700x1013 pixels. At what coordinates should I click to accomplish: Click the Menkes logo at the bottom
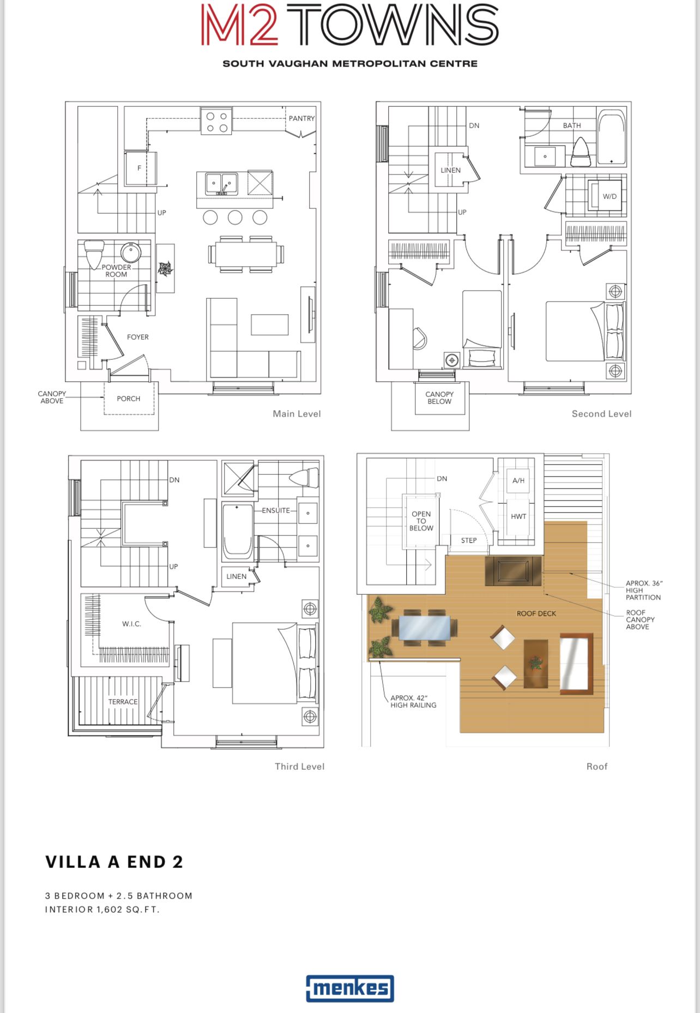tap(350, 988)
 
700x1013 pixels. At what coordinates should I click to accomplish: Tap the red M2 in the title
tap(240, 25)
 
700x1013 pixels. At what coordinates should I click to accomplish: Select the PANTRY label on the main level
tap(301, 118)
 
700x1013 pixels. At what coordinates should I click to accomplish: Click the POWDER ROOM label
tap(116, 271)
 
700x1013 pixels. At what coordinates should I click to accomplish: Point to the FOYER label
tap(138, 337)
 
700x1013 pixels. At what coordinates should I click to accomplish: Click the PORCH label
tap(129, 399)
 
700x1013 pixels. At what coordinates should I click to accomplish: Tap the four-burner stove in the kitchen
tap(216, 122)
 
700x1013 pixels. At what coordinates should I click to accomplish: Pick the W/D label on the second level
tap(610, 196)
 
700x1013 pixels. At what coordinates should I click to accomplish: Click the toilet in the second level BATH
tap(581, 152)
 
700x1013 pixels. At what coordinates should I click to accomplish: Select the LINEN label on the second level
tap(451, 170)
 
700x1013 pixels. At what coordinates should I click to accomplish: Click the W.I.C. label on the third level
tap(132, 624)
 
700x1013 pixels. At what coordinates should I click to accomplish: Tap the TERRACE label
tap(123, 702)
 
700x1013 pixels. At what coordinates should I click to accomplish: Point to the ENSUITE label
tap(276, 510)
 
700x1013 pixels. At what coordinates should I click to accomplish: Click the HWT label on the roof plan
tap(518, 516)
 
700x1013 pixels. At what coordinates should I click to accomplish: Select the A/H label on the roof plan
tap(518, 480)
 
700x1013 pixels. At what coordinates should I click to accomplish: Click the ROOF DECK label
tap(536, 613)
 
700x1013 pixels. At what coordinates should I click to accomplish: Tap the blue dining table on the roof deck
tap(425, 628)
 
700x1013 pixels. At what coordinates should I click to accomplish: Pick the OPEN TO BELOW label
tap(421, 521)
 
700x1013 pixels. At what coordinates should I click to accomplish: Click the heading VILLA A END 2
tap(114, 862)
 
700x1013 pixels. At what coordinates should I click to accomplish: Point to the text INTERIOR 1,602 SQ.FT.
tap(102, 909)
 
